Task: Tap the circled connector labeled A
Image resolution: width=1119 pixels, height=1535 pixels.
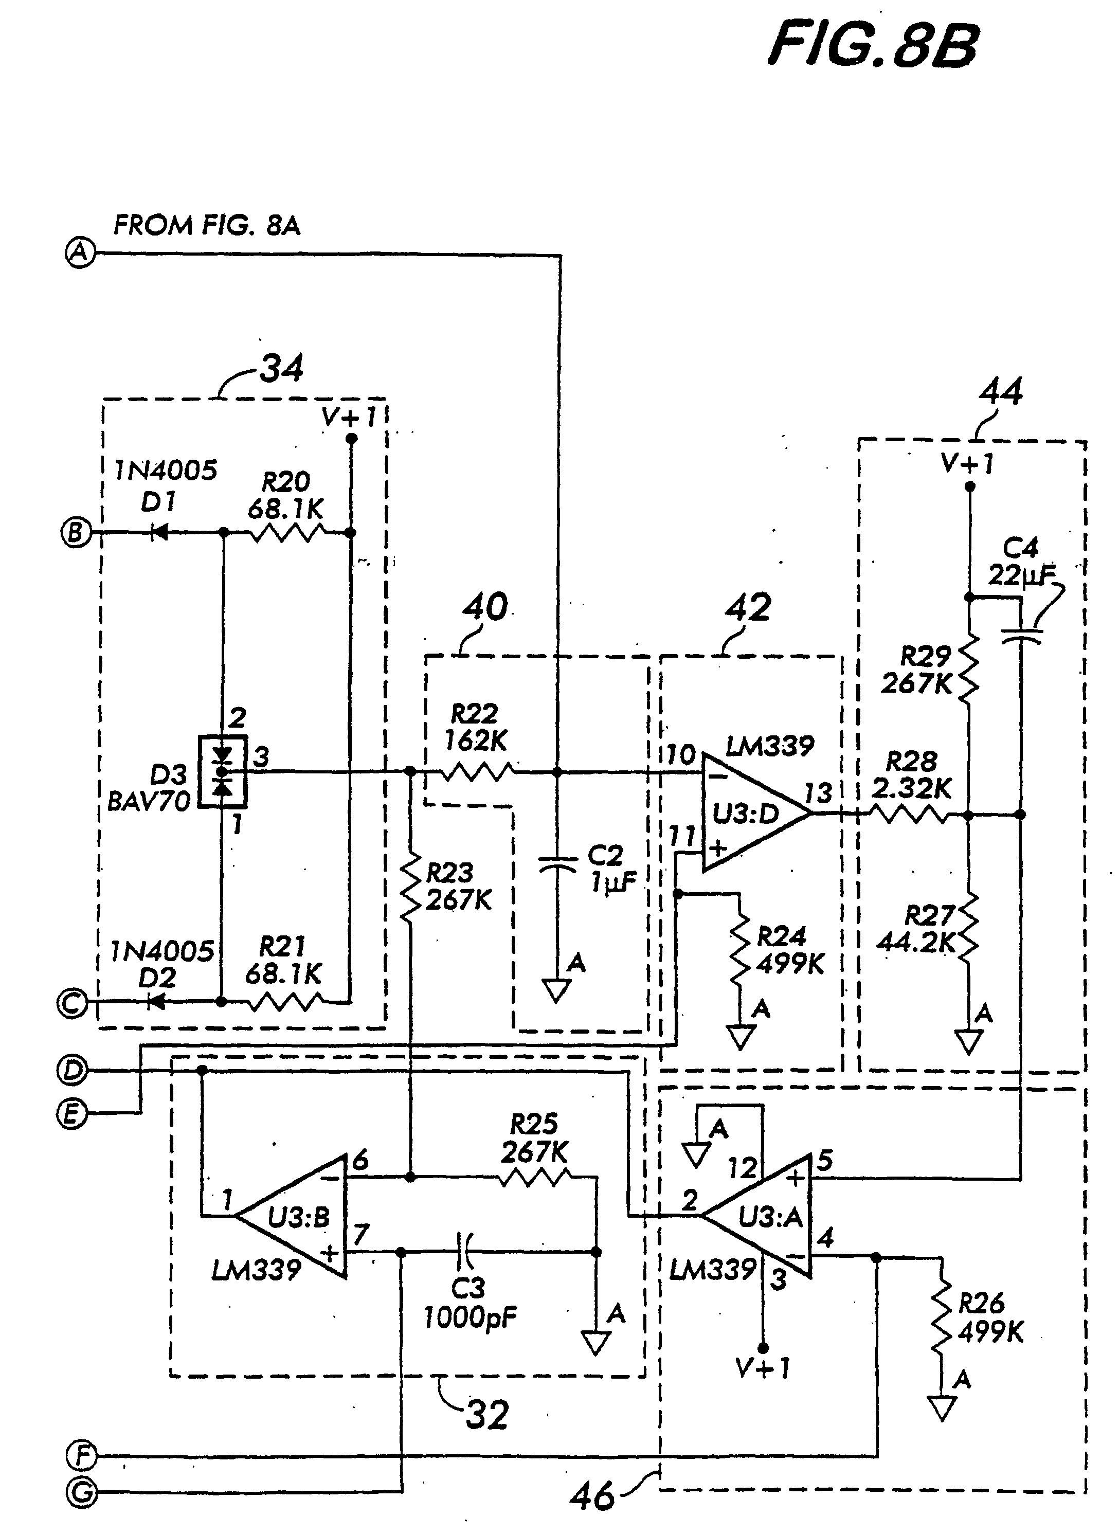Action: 80,252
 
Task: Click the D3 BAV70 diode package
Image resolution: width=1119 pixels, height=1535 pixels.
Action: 222,772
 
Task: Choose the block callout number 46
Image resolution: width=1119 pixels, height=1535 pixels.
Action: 591,1496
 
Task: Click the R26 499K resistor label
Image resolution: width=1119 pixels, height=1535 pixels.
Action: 989,1317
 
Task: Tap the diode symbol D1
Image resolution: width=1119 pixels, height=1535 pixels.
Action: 160,533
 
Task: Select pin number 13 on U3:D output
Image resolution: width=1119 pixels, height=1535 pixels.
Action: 818,792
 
